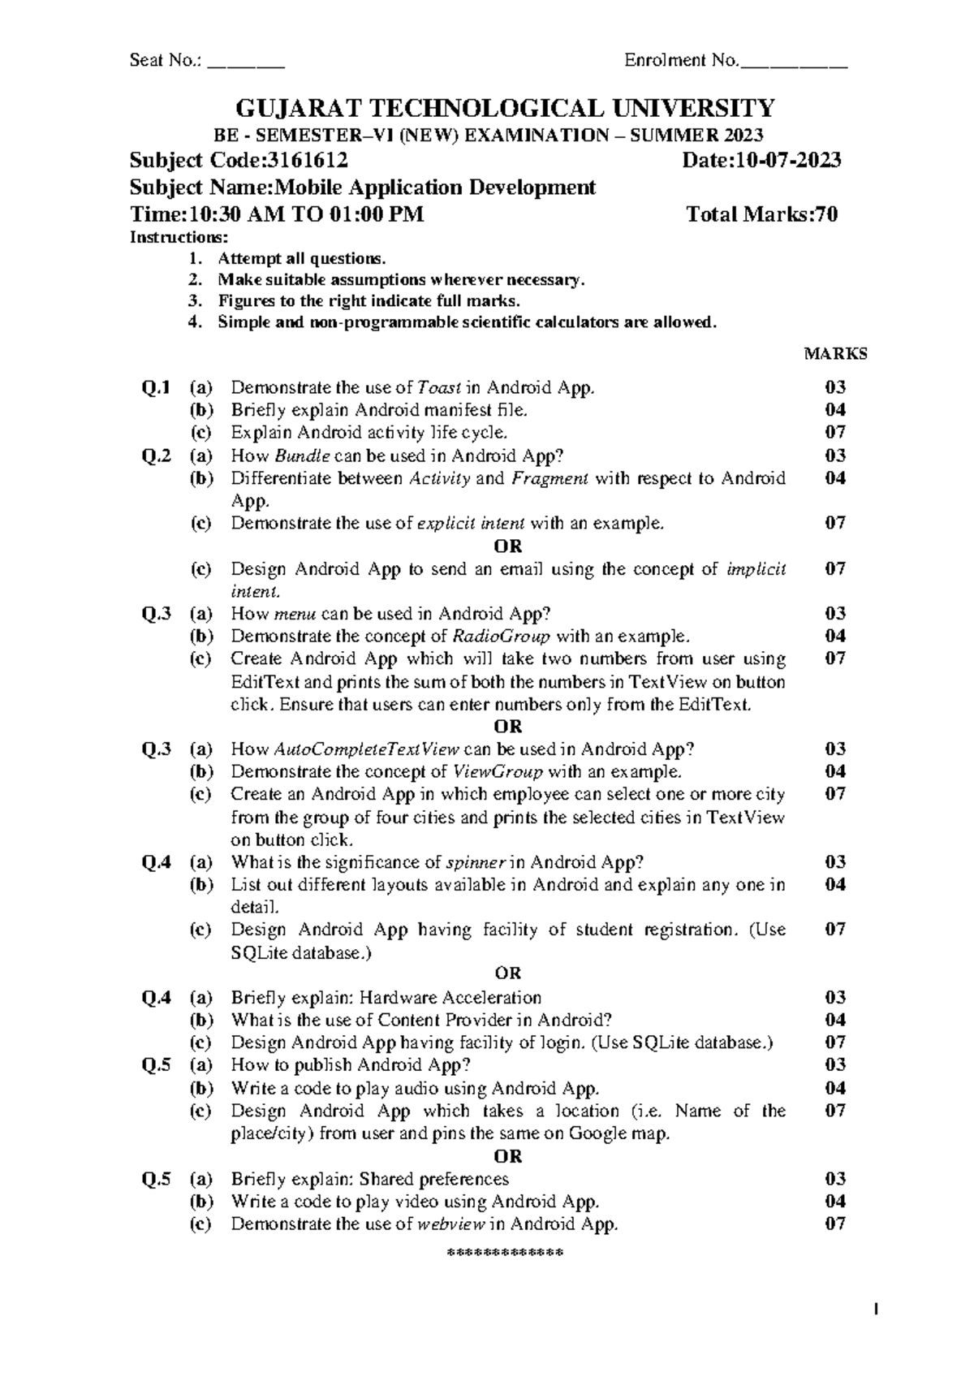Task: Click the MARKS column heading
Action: pyautogui.click(x=835, y=354)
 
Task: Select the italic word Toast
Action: pyautogui.click(x=439, y=387)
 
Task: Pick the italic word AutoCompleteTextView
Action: pyautogui.click(x=368, y=749)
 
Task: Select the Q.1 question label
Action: pyautogui.click(x=156, y=387)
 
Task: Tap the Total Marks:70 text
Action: pyautogui.click(x=762, y=214)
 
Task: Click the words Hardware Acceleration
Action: pyautogui.click(x=450, y=998)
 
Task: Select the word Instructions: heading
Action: pyautogui.click(x=179, y=237)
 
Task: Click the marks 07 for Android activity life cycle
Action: pyautogui.click(x=835, y=432)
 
